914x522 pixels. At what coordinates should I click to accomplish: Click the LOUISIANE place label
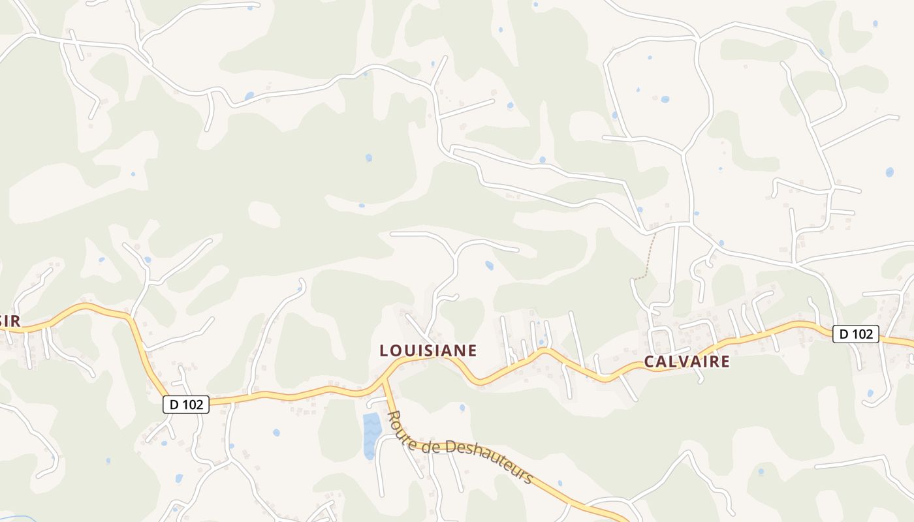[x=428, y=350]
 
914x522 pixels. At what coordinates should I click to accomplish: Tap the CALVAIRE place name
[x=687, y=361]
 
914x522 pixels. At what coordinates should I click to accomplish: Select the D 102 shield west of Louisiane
[x=186, y=405]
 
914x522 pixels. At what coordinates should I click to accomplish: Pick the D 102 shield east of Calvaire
[x=856, y=333]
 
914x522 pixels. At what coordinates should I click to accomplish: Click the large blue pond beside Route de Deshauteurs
[x=371, y=433]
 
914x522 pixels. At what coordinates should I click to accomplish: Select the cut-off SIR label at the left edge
[x=10, y=320]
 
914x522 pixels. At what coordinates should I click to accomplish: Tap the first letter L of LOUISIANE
[x=385, y=350]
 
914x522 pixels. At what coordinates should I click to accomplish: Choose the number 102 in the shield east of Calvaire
[x=862, y=333]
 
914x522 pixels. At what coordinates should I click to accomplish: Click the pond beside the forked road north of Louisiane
[x=489, y=265]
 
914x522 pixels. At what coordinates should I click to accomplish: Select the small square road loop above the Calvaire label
[x=662, y=339]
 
